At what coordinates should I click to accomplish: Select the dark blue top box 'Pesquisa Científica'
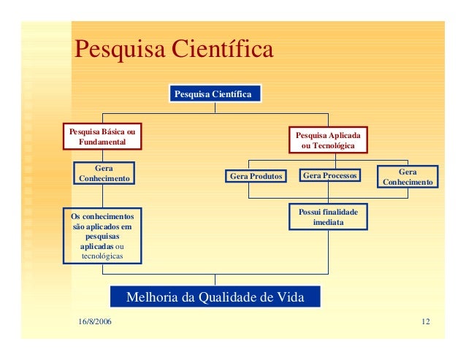[214, 94]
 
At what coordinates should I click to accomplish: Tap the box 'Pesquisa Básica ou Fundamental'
[102, 136]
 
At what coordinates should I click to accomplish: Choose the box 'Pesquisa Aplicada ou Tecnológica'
[327, 140]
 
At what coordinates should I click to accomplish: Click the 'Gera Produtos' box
[256, 176]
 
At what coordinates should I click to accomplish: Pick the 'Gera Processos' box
[330, 175]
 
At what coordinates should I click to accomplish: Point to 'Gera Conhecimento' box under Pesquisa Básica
[104, 173]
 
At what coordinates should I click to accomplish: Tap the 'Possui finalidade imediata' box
[328, 216]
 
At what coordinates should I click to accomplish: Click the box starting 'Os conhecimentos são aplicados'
[102, 236]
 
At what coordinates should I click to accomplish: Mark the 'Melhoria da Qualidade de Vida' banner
[214, 296]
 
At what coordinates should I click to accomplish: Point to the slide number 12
[425, 322]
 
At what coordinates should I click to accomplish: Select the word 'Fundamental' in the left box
[102, 141]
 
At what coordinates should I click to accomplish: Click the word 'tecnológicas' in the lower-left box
[102, 256]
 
